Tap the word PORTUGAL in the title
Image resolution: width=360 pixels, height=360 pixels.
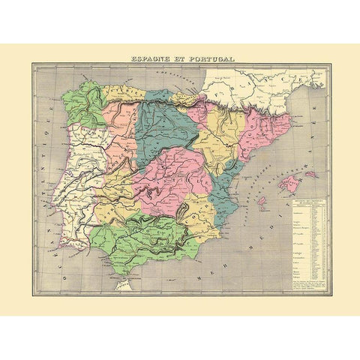211,57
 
